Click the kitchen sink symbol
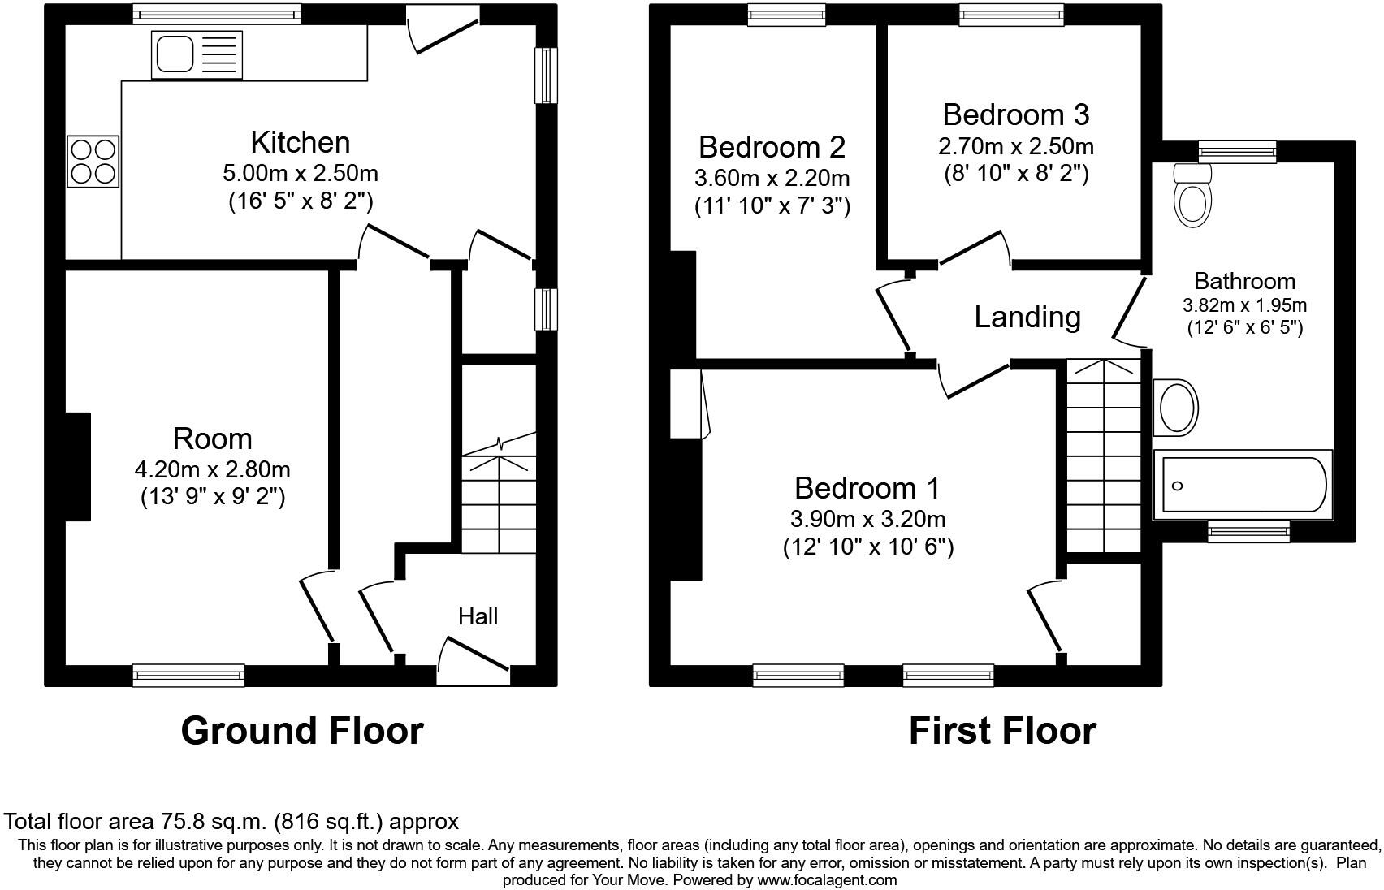197,54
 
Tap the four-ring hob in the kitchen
93,161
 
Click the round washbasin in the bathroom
1178,407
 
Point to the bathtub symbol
1243,485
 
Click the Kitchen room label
300,142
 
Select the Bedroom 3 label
1015,114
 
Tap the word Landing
1027,317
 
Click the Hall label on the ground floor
478,616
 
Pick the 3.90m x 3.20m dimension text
867,518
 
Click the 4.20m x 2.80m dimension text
212,469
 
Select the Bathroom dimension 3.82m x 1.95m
1244,305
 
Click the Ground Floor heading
301,730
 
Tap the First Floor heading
1001,730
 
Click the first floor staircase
1103,455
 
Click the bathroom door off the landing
1127,307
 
